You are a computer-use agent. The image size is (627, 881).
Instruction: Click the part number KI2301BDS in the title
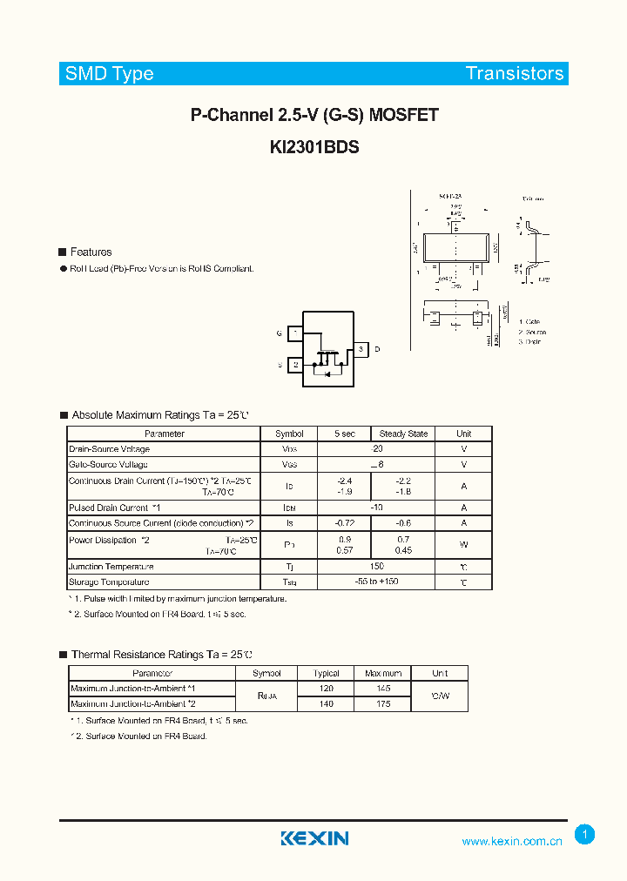314,147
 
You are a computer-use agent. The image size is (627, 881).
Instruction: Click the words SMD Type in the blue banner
109,74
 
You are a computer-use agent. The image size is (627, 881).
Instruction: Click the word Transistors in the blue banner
515,74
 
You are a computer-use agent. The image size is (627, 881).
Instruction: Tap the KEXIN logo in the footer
314,838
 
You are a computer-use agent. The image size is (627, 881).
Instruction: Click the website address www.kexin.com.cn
511,841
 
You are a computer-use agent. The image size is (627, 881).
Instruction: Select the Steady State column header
403,434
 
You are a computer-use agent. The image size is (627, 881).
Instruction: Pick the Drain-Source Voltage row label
110,449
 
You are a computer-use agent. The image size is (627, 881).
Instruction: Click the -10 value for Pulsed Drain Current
376,508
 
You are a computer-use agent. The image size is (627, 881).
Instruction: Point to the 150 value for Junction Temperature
376,566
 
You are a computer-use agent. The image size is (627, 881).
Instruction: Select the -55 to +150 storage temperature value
376,582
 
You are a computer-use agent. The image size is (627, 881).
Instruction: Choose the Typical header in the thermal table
325,673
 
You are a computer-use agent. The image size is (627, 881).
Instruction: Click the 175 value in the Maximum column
383,703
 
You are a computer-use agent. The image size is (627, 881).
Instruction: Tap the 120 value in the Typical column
325,688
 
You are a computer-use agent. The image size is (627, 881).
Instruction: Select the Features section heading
91,252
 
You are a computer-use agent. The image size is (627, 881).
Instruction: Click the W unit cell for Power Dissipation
463,545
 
